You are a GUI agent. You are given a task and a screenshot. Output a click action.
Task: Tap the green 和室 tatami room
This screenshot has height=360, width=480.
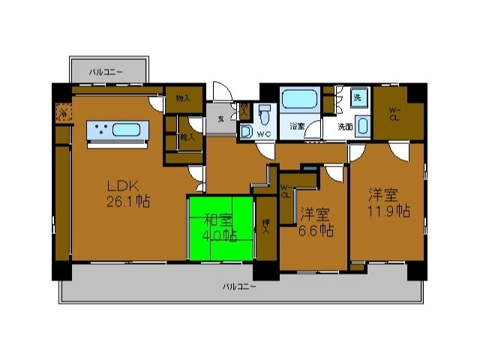pos(220,227)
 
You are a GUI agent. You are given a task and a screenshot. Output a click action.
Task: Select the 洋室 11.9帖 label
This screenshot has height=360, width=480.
pos(388,202)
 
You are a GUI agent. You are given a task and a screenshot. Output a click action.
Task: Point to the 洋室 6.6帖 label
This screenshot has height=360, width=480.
pos(314,222)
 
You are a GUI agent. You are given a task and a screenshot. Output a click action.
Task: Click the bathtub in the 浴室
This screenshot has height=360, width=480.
pos(300,100)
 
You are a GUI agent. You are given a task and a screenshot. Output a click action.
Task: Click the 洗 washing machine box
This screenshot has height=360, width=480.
pos(358,97)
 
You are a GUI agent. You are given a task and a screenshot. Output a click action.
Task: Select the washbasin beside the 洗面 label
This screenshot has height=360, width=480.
pos(362,125)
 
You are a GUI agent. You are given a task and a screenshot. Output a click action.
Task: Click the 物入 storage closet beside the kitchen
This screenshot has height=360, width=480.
pos(183,97)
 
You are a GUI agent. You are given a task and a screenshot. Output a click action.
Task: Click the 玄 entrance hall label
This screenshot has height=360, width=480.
pos(221,118)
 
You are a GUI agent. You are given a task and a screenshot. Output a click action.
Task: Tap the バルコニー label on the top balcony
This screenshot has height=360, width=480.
pos(106,72)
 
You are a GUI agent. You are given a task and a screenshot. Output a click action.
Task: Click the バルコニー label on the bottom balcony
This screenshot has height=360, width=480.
pos(239,286)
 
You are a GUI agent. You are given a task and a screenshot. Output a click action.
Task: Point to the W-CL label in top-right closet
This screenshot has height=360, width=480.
pos(394,113)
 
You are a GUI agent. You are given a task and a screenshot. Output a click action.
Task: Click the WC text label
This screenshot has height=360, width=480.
pos(263,133)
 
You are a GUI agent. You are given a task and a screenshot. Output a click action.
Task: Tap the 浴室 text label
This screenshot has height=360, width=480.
pos(297,126)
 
